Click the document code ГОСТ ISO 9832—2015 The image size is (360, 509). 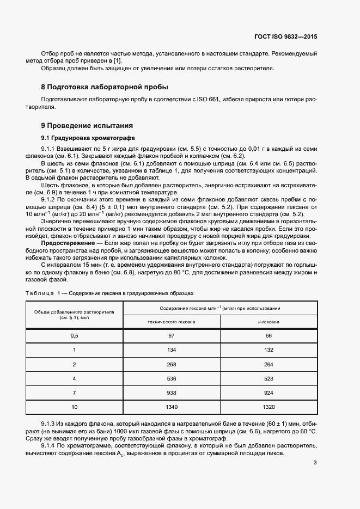coord(285,37)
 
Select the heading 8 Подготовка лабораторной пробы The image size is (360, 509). coord(105,87)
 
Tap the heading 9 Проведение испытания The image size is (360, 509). coord(87,125)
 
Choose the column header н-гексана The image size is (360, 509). coord(269,322)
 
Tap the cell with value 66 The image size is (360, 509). coord(269,336)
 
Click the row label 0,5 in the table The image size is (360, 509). coord(74,336)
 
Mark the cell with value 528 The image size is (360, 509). coord(269,378)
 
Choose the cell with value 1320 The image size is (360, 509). coord(269,407)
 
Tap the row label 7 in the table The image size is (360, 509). coord(74,393)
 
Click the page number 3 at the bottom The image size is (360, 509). coord(315,463)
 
